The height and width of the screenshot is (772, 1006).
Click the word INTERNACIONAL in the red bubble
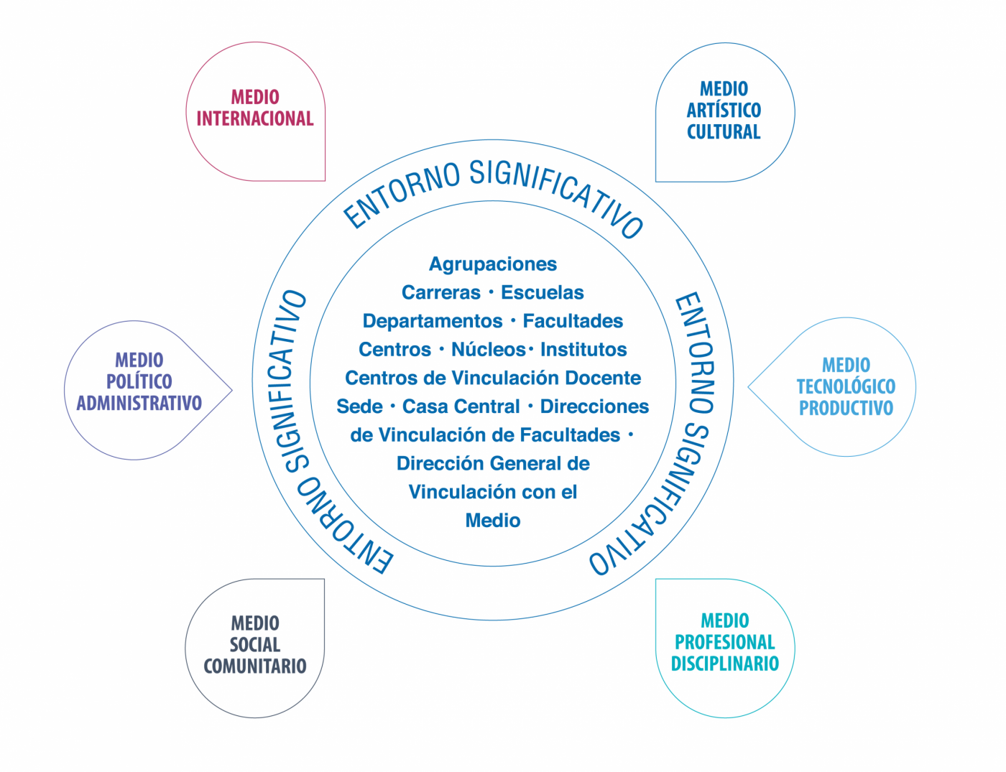pos(255,118)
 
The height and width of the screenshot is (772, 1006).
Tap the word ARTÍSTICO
pos(724,111)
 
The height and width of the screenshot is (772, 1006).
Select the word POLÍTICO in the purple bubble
pos(139,381)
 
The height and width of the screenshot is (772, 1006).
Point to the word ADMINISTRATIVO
pos(139,403)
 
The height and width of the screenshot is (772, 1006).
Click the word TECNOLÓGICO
pos(846,386)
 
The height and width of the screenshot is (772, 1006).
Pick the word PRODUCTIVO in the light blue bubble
pos(846,408)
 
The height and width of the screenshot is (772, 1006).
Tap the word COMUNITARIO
pos(255,666)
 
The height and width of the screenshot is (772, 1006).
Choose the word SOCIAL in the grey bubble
pos(255,644)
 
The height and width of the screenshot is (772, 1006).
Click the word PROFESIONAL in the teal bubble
pos(724,642)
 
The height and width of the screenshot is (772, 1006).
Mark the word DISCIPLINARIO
pos(724,664)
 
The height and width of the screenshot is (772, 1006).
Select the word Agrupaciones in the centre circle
pos(493,264)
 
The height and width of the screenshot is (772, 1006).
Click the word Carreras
pos(441,293)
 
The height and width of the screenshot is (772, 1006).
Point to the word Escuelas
pos(543,293)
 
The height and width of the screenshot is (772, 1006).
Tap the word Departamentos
pos(433,321)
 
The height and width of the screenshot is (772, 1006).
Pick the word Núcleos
pos(489,350)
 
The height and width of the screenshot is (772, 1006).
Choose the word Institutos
pos(583,350)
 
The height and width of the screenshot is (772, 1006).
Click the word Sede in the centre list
pos(359,406)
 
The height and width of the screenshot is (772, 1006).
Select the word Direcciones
pos(594,406)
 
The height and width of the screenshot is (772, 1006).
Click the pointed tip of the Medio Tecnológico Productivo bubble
pos(749,386)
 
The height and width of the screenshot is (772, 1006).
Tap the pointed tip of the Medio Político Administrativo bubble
pos(232,390)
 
